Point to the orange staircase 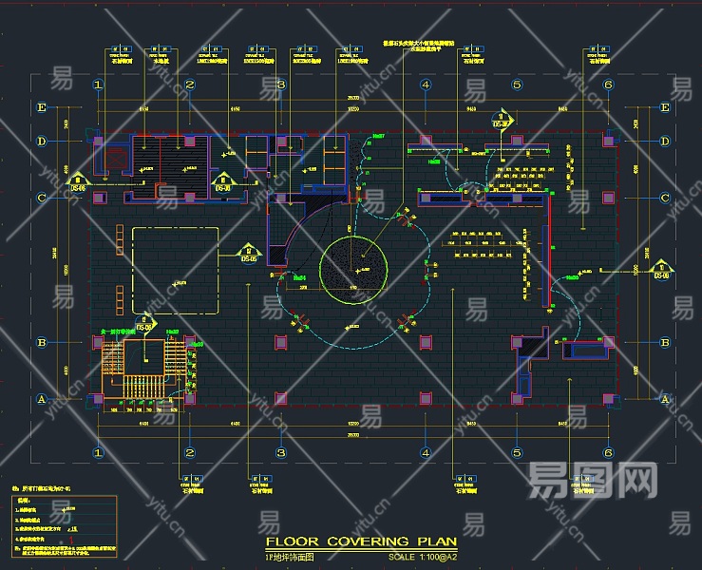pyautogui.click(x=113, y=361)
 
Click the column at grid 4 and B pyautogui.click(x=426, y=342)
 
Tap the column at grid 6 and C pyautogui.click(x=607, y=198)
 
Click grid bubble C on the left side pyautogui.click(x=41, y=198)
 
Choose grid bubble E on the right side pyautogui.click(x=664, y=107)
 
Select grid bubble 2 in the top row pyautogui.click(x=190, y=85)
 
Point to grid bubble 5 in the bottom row pyautogui.click(x=517, y=453)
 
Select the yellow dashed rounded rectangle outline pyautogui.click(x=180, y=271)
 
